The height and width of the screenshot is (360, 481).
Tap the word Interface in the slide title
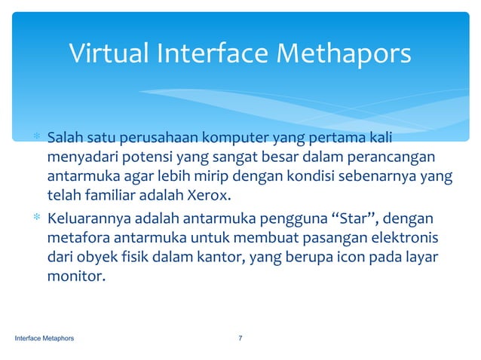tap(213, 54)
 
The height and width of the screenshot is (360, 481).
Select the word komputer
tap(240, 140)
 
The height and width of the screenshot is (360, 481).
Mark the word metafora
tap(75, 239)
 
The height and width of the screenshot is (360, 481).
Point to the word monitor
tap(74, 276)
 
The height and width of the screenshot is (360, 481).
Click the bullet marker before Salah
tap(35, 141)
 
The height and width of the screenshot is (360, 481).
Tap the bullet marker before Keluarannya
tap(35, 221)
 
